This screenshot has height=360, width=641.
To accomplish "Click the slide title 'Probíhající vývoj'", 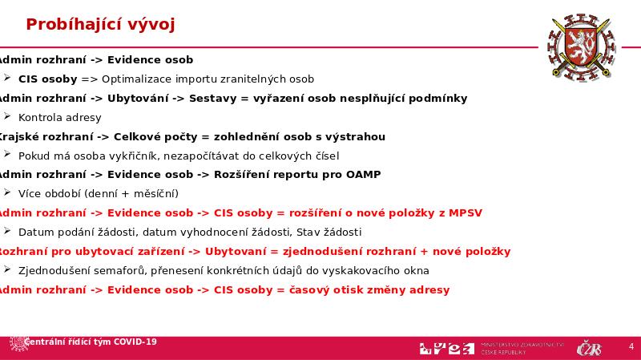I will (x=100, y=25).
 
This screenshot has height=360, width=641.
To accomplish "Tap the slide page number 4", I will (x=631, y=346).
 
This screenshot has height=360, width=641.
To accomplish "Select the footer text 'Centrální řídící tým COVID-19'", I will (x=90, y=342).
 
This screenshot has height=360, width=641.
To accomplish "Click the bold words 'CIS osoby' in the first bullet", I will (x=48, y=79).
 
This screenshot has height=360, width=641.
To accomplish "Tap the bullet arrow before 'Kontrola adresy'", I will (x=7, y=117).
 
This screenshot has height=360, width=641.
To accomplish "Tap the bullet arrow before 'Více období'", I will (x=7, y=193).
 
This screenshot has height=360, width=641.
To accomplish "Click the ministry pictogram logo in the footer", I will (x=445, y=348).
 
